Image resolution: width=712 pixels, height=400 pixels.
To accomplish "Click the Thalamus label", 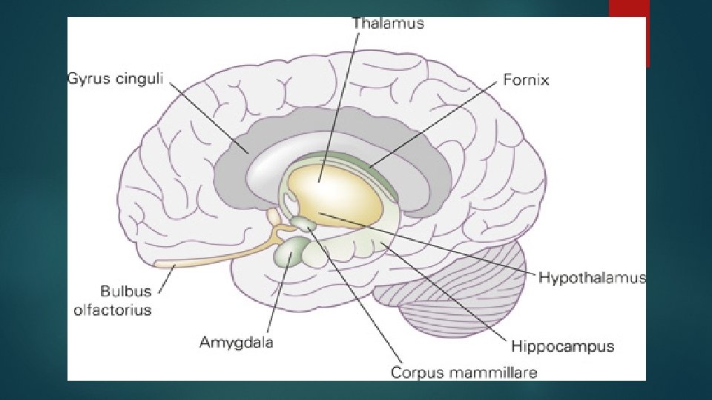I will tap(388, 23).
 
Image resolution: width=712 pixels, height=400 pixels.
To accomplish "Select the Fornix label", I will tap(526, 79).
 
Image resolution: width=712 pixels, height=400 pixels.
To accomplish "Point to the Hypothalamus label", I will tap(592, 279).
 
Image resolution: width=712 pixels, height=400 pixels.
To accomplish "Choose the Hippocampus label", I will tap(562, 345).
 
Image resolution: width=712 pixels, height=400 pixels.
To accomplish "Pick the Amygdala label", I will tap(237, 342).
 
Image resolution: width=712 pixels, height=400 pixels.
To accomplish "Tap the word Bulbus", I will tap(125, 292).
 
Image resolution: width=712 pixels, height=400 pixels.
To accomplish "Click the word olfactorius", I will tap(112, 310).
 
